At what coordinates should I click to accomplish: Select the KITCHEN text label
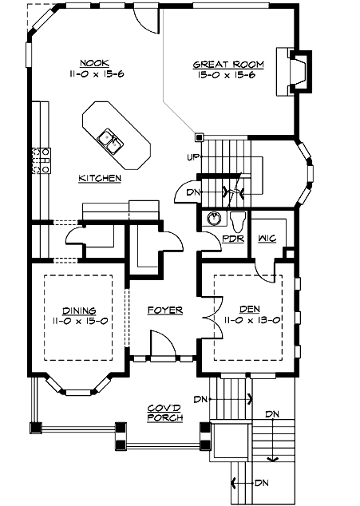100,178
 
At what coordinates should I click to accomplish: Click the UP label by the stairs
192,156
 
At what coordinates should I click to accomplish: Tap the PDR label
232,238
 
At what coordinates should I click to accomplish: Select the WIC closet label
267,238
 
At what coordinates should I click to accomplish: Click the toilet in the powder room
237,219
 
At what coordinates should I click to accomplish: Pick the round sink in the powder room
213,218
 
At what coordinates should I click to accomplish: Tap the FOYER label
165,310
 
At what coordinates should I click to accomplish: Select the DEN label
249,308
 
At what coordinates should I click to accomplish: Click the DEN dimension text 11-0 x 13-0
249,319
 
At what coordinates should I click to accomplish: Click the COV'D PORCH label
165,413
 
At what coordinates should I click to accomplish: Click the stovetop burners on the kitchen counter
41,160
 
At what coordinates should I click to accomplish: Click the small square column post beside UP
200,136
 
